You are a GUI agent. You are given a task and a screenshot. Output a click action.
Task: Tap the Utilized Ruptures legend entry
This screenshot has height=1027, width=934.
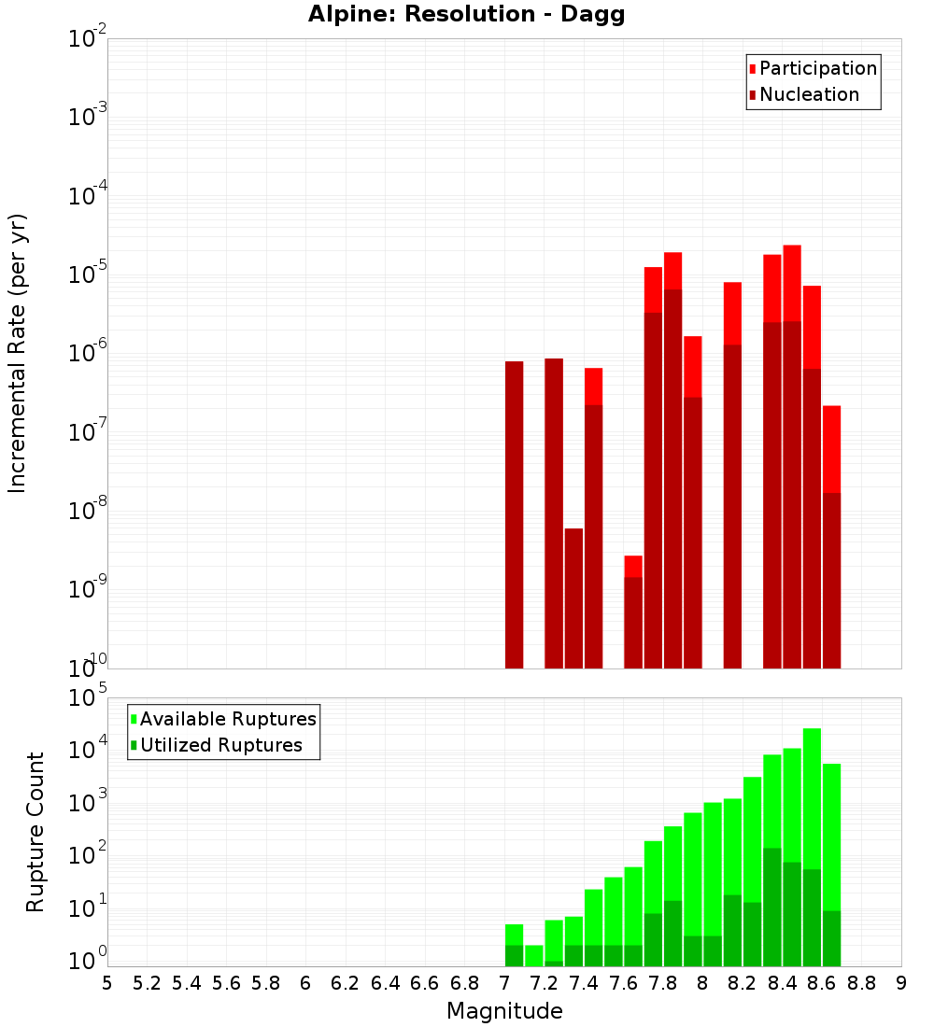pyautogui.click(x=220, y=745)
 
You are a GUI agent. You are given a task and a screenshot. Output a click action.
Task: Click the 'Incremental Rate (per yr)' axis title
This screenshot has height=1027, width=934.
pyautogui.click(x=18, y=353)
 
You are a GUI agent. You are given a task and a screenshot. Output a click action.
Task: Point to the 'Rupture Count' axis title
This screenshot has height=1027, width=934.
pyautogui.click(x=35, y=832)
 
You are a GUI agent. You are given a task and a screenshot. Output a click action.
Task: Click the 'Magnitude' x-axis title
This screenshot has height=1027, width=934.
pyautogui.click(x=504, y=1011)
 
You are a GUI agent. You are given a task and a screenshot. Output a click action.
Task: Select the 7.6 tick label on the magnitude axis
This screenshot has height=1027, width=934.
pyautogui.click(x=623, y=982)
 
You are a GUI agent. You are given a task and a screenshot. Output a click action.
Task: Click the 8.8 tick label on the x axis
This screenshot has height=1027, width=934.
pyautogui.click(x=861, y=982)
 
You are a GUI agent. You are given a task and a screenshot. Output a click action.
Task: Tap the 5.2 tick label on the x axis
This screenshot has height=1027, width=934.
pyautogui.click(x=147, y=982)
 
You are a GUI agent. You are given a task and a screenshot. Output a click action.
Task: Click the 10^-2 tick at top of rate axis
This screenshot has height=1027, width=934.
pyautogui.click(x=88, y=40)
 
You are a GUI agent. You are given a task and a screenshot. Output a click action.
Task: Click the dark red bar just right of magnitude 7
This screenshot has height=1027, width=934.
pyautogui.click(x=514, y=513)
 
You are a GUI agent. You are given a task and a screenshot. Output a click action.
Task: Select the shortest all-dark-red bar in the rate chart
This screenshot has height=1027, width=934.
pyautogui.click(x=573, y=598)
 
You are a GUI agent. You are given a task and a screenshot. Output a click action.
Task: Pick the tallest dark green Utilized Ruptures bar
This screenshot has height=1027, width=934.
pyautogui.click(x=772, y=906)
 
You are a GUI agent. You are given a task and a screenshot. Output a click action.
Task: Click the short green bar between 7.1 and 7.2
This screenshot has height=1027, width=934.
pyautogui.click(x=533, y=955)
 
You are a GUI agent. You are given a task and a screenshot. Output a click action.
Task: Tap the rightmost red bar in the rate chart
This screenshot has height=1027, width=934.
pyautogui.click(x=831, y=448)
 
